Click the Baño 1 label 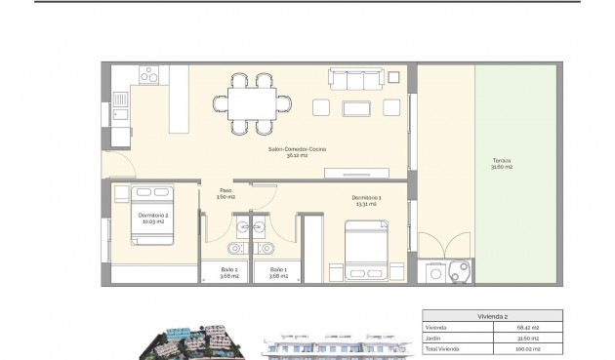pos(277,271)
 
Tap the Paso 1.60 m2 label pos(225,193)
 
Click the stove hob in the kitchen pos(154,74)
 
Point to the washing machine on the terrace pos(456,272)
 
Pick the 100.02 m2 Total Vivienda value pos(553,347)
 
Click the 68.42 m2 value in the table pos(553,326)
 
